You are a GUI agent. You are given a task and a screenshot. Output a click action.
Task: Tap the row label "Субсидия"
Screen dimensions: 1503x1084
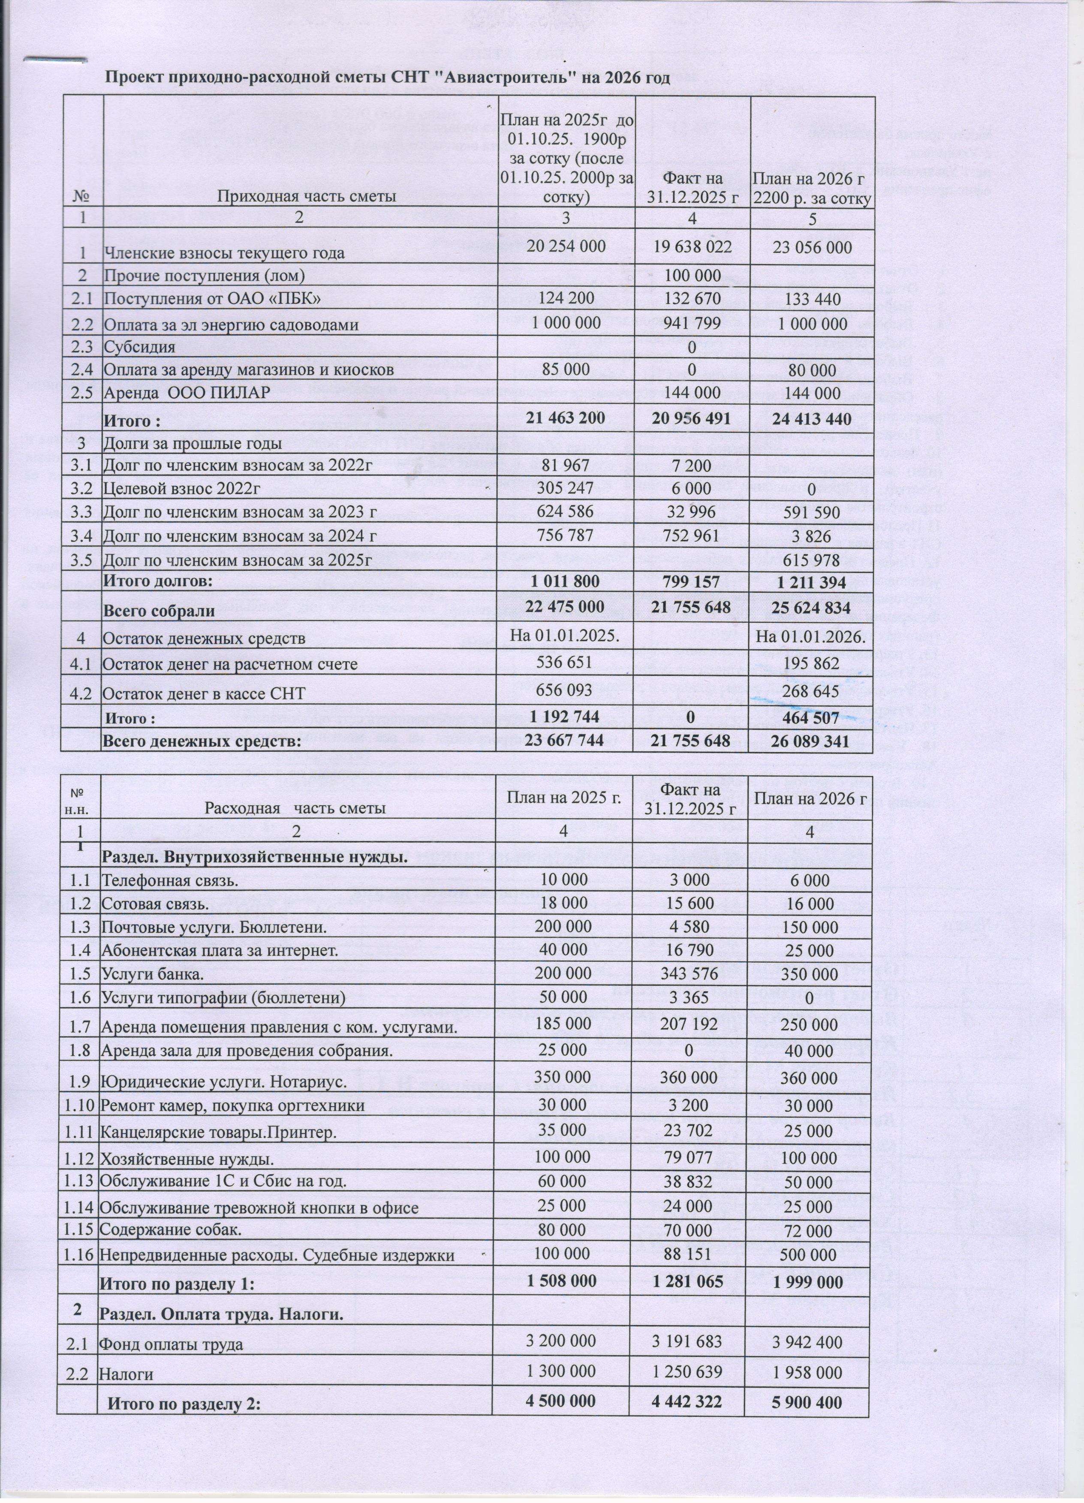139,347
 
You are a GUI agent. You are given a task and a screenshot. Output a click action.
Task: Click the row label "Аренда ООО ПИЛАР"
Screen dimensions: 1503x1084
186,393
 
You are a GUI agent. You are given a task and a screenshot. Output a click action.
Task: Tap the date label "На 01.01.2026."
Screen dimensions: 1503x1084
812,637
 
